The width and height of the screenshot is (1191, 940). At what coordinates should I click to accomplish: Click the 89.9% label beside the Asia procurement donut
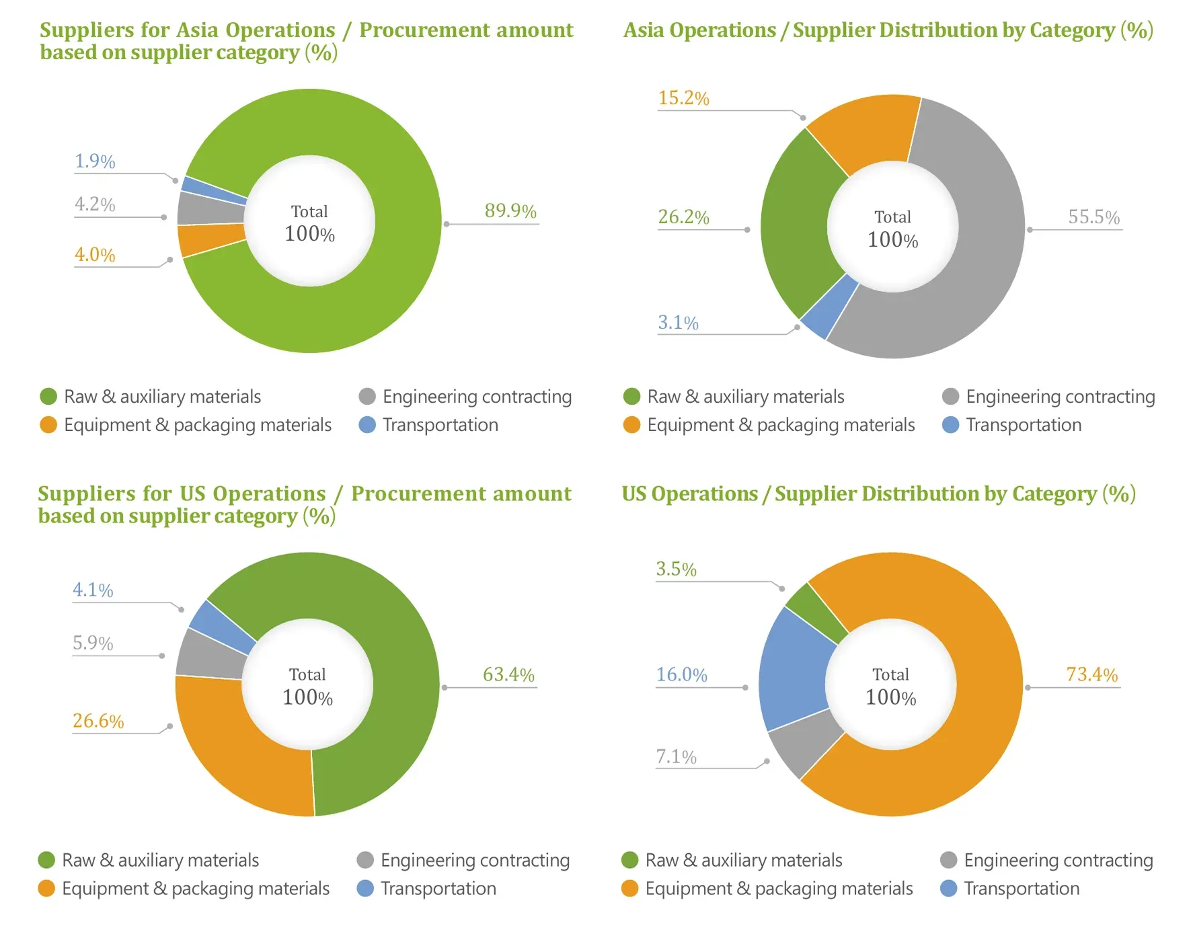pyautogui.click(x=510, y=211)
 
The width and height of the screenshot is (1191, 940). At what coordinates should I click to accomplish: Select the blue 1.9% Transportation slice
pyautogui.click(x=214, y=190)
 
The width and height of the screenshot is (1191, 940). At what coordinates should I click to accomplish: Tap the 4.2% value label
pyautogui.click(x=95, y=204)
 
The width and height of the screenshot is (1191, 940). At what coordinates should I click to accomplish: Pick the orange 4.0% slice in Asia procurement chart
pyautogui.click(x=211, y=239)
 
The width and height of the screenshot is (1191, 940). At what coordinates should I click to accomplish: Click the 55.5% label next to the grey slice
pyautogui.click(x=1094, y=217)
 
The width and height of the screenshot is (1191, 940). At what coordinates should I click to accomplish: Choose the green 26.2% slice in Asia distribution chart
pyautogui.click(x=800, y=222)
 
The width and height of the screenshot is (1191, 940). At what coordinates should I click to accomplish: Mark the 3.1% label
pyautogui.click(x=678, y=323)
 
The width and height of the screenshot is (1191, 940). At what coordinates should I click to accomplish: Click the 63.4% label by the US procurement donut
pyautogui.click(x=508, y=674)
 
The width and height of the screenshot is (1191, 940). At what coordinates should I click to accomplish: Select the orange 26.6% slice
pyautogui.click(x=235, y=750)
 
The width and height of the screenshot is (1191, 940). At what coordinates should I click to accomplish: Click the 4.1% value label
pyautogui.click(x=93, y=590)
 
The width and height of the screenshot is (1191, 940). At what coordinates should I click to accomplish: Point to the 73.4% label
pyautogui.click(x=1092, y=674)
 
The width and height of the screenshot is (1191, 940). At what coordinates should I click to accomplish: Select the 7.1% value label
pyautogui.click(x=676, y=757)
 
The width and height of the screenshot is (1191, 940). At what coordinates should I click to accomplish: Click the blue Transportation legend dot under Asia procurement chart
pyautogui.click(x=367, y=425)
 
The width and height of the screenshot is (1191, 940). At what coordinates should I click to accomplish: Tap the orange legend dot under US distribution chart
pyautogui.click(x=630, y=889)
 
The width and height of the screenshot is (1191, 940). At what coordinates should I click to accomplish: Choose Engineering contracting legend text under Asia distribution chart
pyautogui.click(x=1061, y=397)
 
